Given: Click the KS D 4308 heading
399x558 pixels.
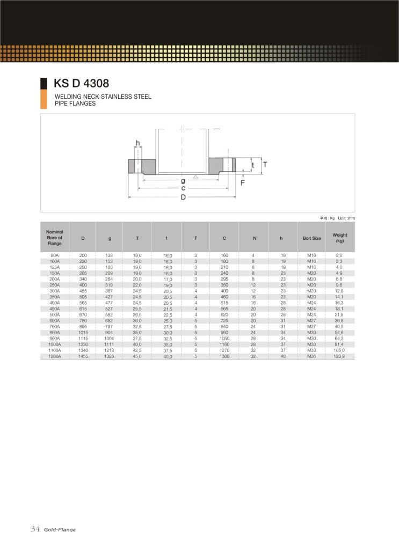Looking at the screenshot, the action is point(81,83).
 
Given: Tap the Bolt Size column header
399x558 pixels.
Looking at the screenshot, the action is point(311,238).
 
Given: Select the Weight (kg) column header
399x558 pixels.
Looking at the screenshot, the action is point(340,238).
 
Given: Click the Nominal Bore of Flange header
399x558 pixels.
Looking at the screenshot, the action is point(54,237).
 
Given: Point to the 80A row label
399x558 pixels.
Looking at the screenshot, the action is point(54,255).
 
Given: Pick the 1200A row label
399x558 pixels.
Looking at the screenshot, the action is point(54,356).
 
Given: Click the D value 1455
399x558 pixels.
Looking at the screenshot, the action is point(83,356).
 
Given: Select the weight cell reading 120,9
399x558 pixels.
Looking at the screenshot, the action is point(339,356).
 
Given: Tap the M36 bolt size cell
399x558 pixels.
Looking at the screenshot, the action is point(311,356).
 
